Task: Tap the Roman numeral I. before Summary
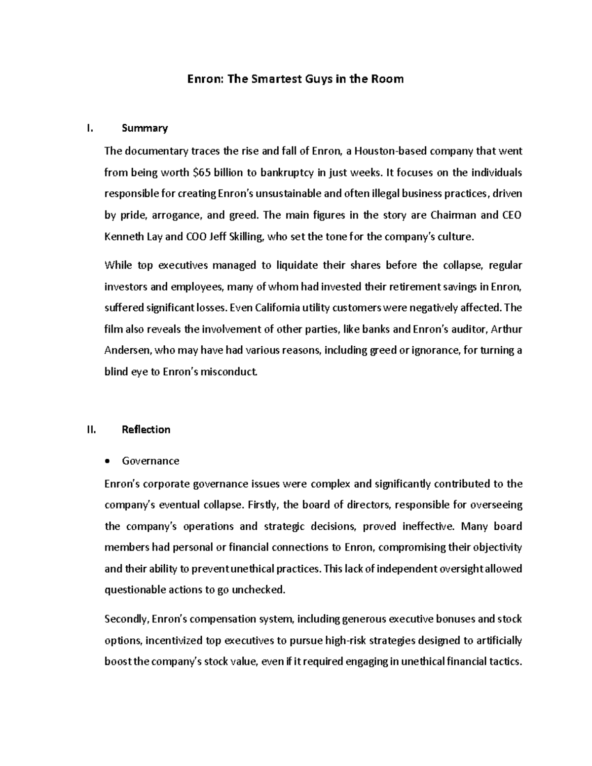[89, 129]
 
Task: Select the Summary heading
[145, 129]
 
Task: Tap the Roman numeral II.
[91, 430]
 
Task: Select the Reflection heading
[146, 430]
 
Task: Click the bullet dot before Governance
[108, 462]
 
